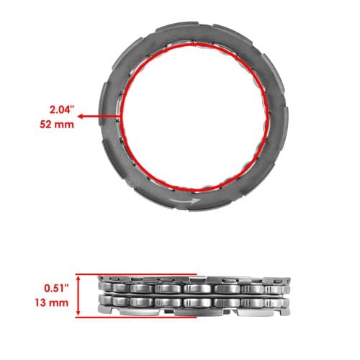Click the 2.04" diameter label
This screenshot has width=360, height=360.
[x=60, y=110]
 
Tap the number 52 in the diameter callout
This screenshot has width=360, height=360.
[x=45, y=125]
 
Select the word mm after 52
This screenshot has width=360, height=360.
[x=64, y=125]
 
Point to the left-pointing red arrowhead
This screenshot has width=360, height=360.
[x=81, y=117]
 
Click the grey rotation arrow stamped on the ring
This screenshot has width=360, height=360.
[x=185, y=201]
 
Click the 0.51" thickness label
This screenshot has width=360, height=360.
[x=56, y=288]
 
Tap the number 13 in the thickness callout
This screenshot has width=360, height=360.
[x=40, y=302]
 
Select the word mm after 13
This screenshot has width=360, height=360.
[x=58, y=303]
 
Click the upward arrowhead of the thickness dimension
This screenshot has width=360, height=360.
[x=78, y=278]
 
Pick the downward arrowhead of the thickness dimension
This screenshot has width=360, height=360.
[x=78, y=312]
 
